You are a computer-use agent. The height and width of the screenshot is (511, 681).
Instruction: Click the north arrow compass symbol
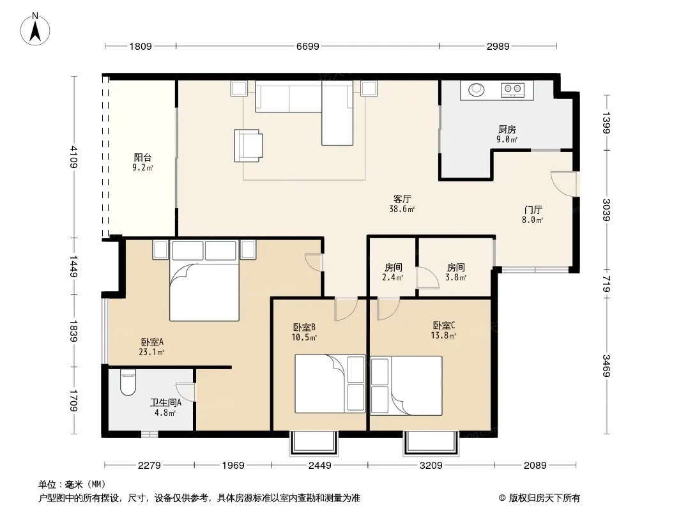point(35,29)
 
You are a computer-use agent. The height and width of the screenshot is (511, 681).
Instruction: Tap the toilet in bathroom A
point(128,382)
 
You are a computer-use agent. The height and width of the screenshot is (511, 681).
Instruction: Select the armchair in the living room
point(248,146)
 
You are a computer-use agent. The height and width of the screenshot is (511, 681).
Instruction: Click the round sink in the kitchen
point(476,90)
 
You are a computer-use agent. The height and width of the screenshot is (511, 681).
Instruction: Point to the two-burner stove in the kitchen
point(512,90)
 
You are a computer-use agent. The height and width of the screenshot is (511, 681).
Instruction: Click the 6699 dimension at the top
point(307,46)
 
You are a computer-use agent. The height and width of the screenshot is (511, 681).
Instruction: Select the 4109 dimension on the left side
point(73,156)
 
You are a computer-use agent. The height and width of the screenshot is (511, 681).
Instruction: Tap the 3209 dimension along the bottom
point(431,466)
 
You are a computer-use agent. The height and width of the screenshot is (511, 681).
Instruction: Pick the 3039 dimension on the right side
point(606,210)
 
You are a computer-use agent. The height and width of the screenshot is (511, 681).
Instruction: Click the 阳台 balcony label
point(142,158)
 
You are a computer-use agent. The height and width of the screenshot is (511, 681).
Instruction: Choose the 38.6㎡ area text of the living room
point(402,210)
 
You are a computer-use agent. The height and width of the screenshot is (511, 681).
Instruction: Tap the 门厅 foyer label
point(533,210)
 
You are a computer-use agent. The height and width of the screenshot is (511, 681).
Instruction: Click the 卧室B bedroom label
point(304,327)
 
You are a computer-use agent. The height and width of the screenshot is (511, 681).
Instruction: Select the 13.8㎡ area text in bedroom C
point(443,335)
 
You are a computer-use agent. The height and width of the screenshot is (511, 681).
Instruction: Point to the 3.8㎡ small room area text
point(455,277)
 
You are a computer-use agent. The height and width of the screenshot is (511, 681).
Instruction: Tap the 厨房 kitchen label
point(507,130)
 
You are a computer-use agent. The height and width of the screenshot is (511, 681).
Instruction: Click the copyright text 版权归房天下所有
point(544,498)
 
